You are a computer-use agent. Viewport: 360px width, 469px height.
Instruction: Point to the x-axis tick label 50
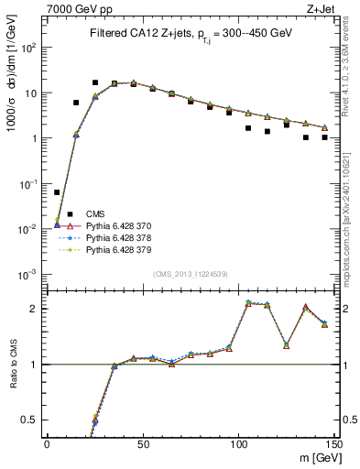pyautogui.click(x=142, y=442)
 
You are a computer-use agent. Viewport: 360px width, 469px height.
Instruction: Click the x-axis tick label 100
pyautogui.click(x=238, y=442)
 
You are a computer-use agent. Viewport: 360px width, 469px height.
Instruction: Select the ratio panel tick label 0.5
pyautogui.click(x=31, y=420)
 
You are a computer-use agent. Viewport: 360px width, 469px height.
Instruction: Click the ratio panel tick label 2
pyautogui.click(x=35, y=309)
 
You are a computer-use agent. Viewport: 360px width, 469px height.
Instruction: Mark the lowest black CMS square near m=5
pyautogui.click(x=57, y=192)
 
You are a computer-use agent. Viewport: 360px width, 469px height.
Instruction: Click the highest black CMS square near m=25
pyautogui.click(x=94, y=82)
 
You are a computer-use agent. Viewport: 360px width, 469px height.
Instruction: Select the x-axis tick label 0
pyautogui.click(x=47, y=442)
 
